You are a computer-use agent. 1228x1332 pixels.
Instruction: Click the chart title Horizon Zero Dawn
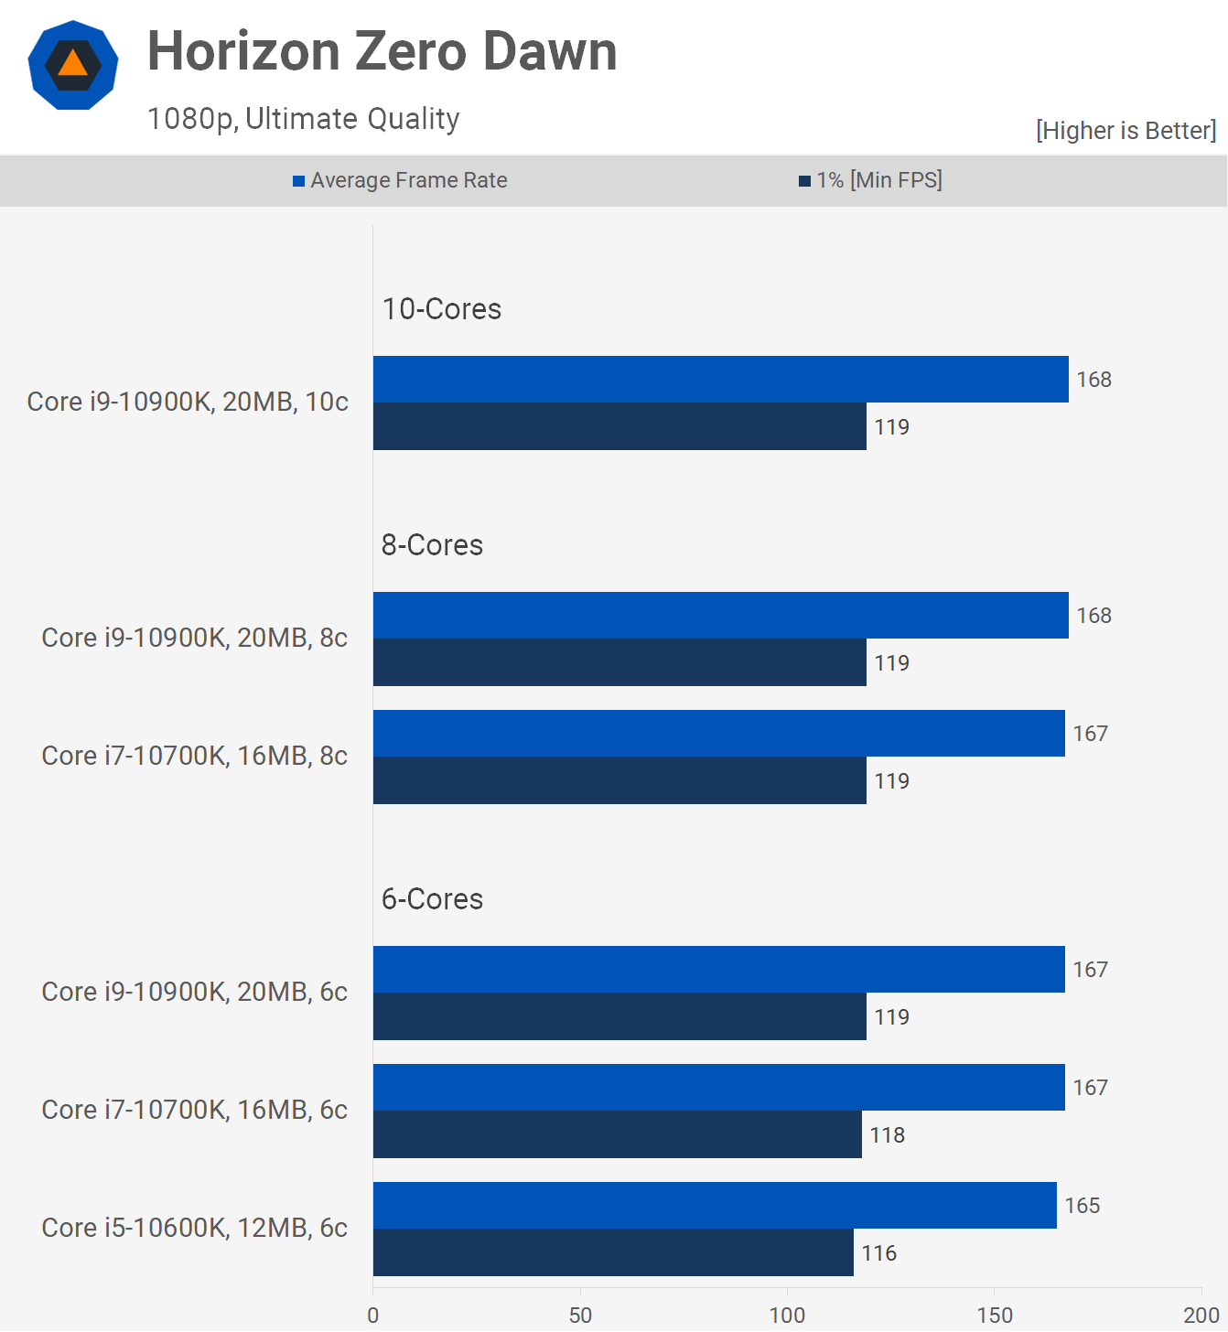382,51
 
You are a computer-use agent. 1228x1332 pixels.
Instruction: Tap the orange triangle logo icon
73,64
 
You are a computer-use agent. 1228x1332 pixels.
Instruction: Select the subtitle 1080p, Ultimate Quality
303,119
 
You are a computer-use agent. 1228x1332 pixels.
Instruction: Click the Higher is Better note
1126,131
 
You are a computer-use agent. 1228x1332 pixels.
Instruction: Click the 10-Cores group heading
441,309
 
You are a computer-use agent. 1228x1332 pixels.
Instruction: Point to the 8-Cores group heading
432,545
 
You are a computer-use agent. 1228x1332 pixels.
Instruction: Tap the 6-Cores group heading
432,899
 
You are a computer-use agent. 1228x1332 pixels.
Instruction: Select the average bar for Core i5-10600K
714,1205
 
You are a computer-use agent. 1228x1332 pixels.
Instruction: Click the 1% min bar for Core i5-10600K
613,1252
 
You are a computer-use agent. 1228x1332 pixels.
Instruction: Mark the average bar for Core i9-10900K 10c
720,380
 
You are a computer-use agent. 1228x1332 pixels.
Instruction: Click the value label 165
1082,1206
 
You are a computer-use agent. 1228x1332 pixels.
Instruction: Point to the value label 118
887,1135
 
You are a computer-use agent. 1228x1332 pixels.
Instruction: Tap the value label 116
878,1253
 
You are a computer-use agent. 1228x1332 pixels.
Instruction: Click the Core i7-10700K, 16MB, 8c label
194,756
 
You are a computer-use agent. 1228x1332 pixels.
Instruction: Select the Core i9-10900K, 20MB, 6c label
194,992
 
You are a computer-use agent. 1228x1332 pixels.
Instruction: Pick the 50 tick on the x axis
580,1316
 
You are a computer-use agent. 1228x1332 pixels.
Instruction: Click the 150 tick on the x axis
995,1316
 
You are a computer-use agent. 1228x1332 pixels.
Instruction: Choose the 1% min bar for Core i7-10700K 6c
617,1134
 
